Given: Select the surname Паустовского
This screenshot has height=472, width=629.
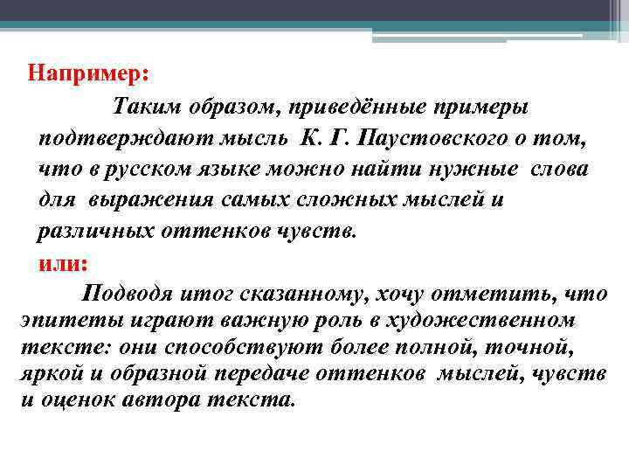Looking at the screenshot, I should pos(446,138).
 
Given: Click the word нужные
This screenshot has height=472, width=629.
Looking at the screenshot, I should pos(475,168).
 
